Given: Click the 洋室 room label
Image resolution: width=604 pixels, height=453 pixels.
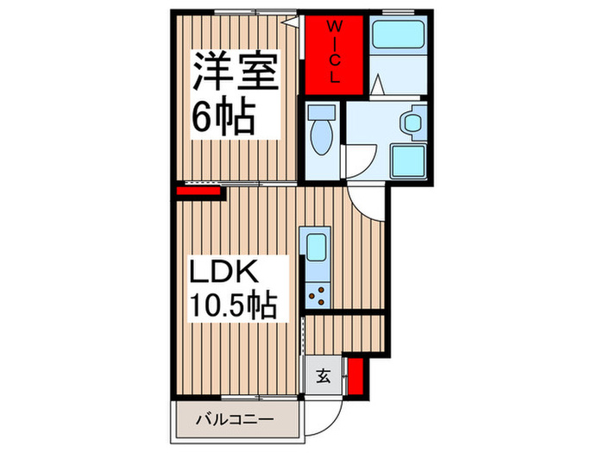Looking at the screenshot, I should (235, 73).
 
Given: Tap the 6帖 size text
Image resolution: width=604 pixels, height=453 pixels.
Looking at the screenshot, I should (223, 118).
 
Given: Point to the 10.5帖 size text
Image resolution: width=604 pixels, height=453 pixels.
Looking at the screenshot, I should (233, 304).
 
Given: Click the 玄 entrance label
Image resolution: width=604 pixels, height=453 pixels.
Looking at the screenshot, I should (322, 375).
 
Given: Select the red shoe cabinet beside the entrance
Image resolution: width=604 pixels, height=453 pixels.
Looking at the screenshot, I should (353, 375).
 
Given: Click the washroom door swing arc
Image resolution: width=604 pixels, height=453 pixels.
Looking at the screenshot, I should (361, 160).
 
